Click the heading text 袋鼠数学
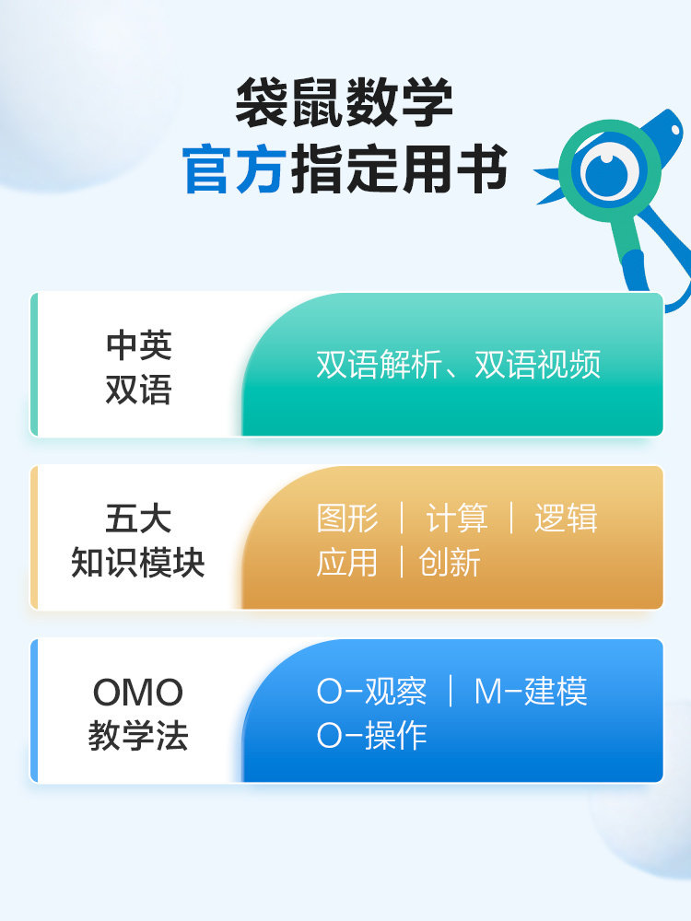pos(344,103)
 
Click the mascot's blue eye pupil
pos(603,169)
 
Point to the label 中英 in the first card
pos(138,345)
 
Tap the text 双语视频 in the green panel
pos(538,365)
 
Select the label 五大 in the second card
pos(138,518)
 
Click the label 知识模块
pos(138,563)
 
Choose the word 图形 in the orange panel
pos(347,518)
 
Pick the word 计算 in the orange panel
pos(456,518)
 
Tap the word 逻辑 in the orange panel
pos(566,518)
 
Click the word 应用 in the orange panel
pos(347,562)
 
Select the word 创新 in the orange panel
pos(450,562)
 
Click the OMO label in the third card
pos(138,693)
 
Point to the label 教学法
pos(138,736)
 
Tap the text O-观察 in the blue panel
pos(371,692)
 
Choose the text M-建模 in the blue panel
pos(531,692)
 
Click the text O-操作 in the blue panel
pos(371,736)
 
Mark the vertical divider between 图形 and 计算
pos(402,518)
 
